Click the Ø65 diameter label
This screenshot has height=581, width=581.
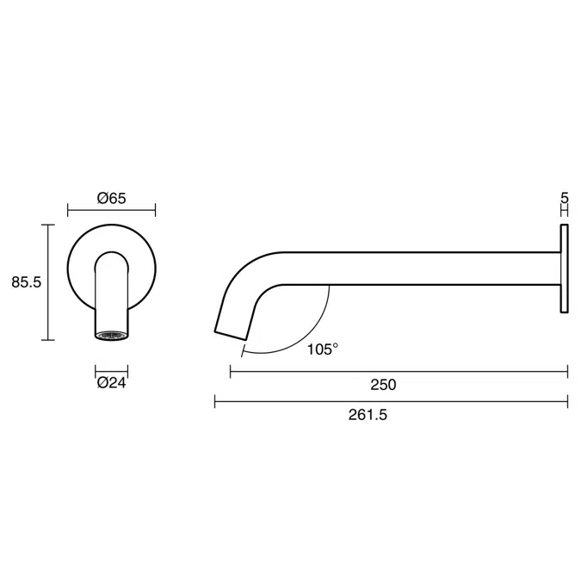pyautogui.click(x=112, y=198)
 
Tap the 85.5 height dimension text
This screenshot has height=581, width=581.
pyautogui.click(x=27, y=281)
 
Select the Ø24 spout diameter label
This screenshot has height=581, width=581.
pyautogui.click(x=112, y=383)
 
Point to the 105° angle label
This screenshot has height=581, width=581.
pyautogui.click(x=323, y=349)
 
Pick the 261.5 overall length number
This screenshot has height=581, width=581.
pyautogui.click(x=368, y=415)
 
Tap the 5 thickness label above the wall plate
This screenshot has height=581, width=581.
pyautogui.click(x=565, y=198)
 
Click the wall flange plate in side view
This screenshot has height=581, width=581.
pyautogui.click(x=565, y=268)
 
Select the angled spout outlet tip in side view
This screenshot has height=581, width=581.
pyautogui.click(x=230, y=331)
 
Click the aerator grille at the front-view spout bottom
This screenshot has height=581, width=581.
pyautogui.click(x=112, y=335)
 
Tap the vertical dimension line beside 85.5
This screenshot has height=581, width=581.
pyautogui.click(x=49, y=282)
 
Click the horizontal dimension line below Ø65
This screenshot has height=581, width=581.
pyautogui.click(x=112, y=209)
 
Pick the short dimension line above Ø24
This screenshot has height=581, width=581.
pyautogui.click(x=112, y=371)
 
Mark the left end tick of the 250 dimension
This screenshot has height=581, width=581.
pyautogui.click(x=230, y=371)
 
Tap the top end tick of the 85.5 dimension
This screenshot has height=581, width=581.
pyautogui.click(x=49, y=225)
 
